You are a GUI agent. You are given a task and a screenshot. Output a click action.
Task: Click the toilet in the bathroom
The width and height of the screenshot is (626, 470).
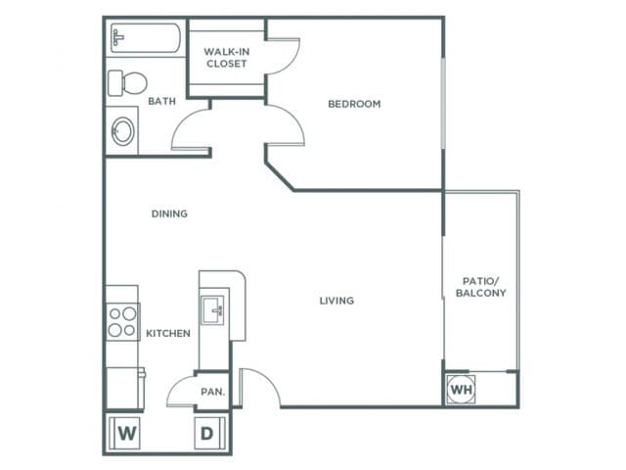(127, 83)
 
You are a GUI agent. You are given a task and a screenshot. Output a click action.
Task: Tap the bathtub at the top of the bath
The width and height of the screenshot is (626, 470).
(146, 38)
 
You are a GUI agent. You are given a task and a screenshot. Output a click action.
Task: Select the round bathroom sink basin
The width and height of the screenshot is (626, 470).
(123, 131)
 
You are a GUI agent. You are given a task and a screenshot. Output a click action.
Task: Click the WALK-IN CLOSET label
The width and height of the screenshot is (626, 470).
(226, 58)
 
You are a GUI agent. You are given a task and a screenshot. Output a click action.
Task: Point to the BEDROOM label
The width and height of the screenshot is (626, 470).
(354, 104)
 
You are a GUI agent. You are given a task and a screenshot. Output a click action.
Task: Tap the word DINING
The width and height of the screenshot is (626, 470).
(169, 213)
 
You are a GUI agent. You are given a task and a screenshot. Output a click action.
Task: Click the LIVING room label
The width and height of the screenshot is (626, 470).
(336, 301)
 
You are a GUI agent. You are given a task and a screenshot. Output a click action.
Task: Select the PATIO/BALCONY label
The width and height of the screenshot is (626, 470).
(480, 287)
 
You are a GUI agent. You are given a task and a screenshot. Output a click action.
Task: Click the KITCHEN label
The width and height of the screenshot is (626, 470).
(168, 333)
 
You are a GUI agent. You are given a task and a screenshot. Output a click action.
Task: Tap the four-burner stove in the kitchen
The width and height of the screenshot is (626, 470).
(122, 322)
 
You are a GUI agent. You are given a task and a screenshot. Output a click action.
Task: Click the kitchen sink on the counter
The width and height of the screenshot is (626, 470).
(212, 310)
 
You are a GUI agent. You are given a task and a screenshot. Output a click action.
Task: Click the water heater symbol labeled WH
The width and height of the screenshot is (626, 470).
(461, 389)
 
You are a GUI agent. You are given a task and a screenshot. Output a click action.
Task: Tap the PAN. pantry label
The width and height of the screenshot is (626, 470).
(213, 392)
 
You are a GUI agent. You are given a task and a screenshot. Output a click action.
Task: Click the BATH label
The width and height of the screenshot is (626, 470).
(161, 101)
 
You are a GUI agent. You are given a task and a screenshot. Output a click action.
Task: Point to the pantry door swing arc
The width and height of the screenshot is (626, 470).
(175, 384)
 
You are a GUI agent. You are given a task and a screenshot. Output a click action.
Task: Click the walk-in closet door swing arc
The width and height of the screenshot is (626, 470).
(292, 60)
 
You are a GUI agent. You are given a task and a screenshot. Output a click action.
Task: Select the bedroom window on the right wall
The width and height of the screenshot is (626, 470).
(443, 104)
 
